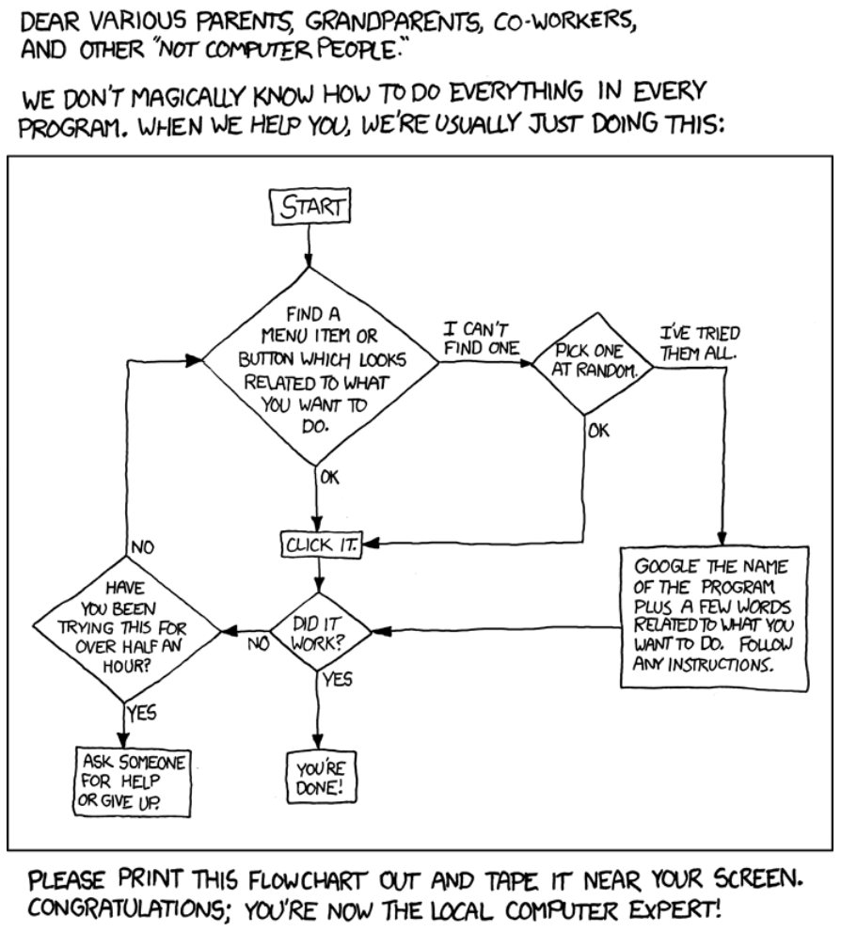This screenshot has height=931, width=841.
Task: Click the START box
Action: click(310, 207)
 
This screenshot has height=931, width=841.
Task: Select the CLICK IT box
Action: click(322, 544)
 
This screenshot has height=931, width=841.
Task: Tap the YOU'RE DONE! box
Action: click(320, 778)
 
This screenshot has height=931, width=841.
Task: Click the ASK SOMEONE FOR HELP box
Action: click(133, 782)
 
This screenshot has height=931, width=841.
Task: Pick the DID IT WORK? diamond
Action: click(320, 632)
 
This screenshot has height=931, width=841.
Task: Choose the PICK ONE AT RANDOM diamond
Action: click(593, 363)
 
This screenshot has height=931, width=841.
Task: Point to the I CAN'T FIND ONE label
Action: click(481, 339)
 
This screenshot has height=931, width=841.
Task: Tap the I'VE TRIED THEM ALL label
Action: click(699, 343)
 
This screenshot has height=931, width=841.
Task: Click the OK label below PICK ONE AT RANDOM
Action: click(598, 430)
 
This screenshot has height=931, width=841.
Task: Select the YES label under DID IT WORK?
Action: click(338, 679)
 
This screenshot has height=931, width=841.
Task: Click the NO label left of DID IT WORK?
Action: click(258, 643)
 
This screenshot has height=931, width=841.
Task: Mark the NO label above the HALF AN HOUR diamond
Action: click(141, 546)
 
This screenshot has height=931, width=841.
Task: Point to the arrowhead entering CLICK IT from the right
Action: click(370, 543)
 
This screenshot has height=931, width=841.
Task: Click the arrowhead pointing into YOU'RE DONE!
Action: click(318, 742)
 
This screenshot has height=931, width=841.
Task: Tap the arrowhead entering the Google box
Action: click(722, 538)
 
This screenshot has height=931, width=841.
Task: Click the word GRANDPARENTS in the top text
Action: click(390, 22)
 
